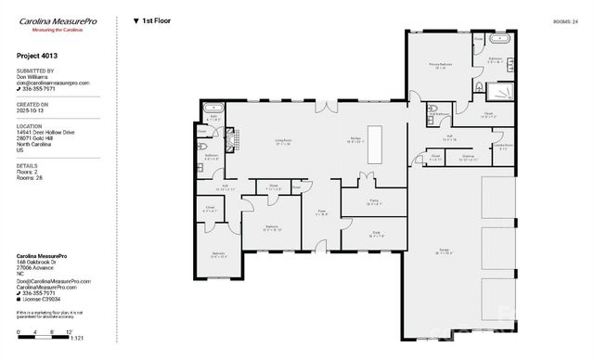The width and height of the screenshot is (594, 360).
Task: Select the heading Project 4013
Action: coord(37,56)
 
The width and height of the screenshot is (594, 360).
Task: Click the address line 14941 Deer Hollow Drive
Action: coord(47,133)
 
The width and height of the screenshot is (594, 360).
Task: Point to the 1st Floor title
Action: coord(156,19)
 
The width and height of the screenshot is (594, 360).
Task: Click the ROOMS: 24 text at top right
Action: coord(565,20)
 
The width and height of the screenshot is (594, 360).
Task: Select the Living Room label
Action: coord(283,141)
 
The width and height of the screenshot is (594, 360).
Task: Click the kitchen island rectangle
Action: coord(375,136)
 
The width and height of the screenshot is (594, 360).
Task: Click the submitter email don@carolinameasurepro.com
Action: coord(53,83)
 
